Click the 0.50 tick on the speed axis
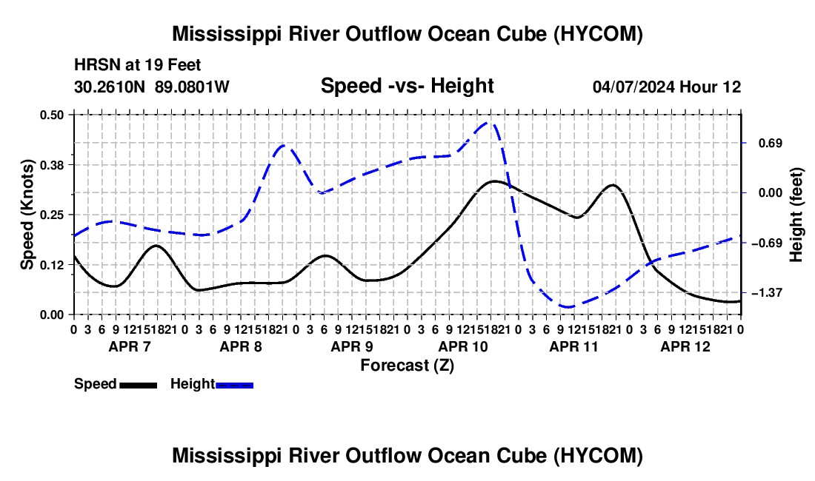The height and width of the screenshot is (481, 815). (51, 115)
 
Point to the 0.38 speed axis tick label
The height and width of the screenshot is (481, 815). (51, 165)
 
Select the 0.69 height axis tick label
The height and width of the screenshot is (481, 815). (771, 144)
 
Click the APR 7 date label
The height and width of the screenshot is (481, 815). (130, 346)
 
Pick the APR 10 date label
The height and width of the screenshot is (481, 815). (463, 346)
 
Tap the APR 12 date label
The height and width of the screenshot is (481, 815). (685, 346)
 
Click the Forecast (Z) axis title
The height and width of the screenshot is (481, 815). (408, 366)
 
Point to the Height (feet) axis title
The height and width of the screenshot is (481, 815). (796, 215)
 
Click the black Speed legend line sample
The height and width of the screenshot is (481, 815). (139, 385)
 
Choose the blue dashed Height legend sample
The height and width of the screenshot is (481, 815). (234, 385)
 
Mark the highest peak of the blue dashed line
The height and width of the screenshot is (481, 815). (488, 123)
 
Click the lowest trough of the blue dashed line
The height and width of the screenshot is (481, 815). (568, 306)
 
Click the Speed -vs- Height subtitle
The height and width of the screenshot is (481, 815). (407, 86)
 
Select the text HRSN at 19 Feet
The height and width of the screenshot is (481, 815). (137, 65)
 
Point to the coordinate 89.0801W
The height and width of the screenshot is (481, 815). (192, 87)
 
